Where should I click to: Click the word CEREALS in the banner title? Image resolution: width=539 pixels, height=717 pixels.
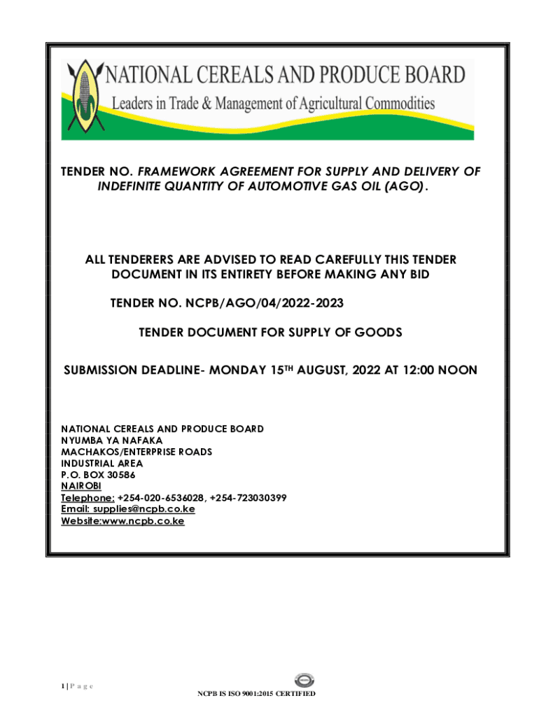click(239, 76)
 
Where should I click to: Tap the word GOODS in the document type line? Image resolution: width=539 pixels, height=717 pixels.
click(379, 333)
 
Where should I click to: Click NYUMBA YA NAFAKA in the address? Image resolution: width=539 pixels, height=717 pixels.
click(112, 440)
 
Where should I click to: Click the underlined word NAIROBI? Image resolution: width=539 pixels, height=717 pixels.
click(81, 486)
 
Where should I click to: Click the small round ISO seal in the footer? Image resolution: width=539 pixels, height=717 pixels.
click(304, 680)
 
